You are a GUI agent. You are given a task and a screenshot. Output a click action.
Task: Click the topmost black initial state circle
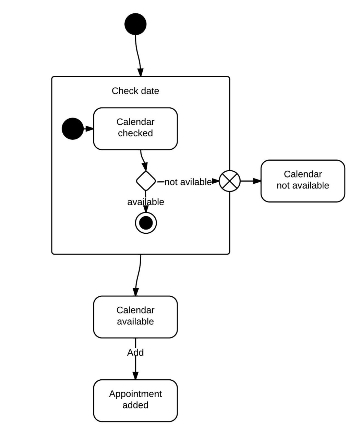click(x=135, y=24)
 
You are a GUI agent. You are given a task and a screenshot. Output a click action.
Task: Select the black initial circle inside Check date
click(x=72, y=129)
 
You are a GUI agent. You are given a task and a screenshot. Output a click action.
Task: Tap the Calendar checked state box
click(x=135, y=129)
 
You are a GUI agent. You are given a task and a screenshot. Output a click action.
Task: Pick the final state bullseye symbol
click(x=146, y=223)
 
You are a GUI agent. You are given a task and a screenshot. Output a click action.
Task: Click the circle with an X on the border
click(x=230, y=181)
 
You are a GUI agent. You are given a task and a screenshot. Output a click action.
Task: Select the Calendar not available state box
click(x=303, y=181)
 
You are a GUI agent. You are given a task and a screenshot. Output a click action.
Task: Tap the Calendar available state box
click(x=135, y=317)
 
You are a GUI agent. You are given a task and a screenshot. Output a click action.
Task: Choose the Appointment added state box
click(x=135, y=401)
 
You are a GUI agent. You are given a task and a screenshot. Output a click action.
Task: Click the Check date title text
click(x=135, y=91)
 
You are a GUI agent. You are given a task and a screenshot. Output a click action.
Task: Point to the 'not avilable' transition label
click(x=188, y=182)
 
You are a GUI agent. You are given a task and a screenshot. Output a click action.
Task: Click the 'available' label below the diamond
click(x=146, y=202)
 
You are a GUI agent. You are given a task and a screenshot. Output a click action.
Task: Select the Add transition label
click(x=135, y=352)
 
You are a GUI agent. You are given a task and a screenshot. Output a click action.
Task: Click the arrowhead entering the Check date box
click(x=141, y=72)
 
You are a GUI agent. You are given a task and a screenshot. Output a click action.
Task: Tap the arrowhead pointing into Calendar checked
click(x=89, y=129)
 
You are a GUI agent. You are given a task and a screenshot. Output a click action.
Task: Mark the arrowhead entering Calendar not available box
click(x=257, y=181)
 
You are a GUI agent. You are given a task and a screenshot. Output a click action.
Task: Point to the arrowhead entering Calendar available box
click(x=136, y=292)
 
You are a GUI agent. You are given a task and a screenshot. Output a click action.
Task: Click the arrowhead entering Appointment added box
click(x=135, y=375)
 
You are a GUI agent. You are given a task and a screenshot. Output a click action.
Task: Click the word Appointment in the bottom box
click(x=135, y=394)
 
